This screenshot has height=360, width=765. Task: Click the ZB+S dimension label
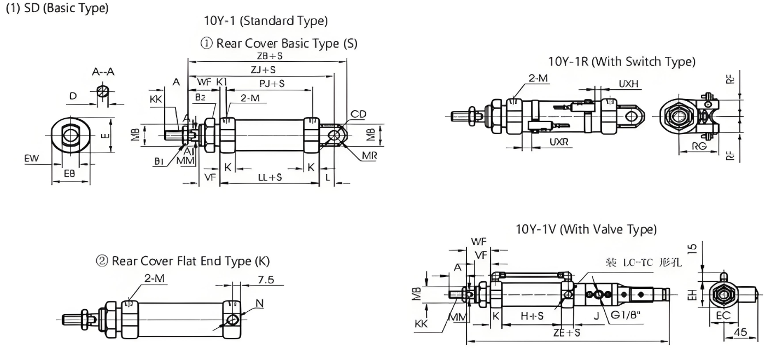click(x=269, y=56)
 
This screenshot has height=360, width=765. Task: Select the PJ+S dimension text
click(x=271, y=83)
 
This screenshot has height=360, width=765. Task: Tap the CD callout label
click(x=359, y=114)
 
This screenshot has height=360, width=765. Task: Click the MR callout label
click(x=369, y=155)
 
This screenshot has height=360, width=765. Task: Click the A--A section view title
click(x=103, y=71)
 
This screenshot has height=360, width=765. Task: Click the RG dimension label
click(x=698, y=147)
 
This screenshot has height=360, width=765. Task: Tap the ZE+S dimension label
click(x=567, y=333)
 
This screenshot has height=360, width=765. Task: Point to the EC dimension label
click(x=722, y=316)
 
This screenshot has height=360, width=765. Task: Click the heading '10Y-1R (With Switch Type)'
click(x=622, y=62)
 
